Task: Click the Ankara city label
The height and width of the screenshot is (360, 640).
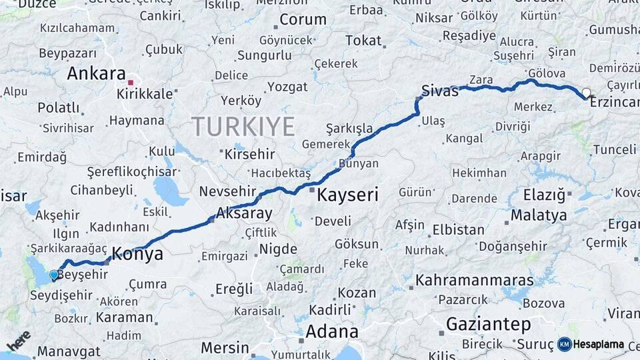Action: (x=97, y=73)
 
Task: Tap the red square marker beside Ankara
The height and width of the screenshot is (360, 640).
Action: (x=131, y=83)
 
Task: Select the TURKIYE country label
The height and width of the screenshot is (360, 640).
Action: (x=243, y=125)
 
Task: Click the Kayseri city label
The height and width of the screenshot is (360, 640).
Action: (x=347, y=195)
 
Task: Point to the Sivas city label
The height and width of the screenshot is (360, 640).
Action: (x=440, y=91)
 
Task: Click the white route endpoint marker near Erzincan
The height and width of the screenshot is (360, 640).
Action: (x=586, y=93)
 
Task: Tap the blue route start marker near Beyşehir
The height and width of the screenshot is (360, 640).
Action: (x=54, y=274)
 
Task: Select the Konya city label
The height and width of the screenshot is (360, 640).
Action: (x=137, y=253)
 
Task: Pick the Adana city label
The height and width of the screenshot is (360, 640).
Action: (x=332, y=331)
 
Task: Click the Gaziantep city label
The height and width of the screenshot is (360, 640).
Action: (x=489, y=325)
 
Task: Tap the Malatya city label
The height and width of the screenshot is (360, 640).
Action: (x=539, y=215)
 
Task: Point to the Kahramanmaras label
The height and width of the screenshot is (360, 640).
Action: (x=475, y=279)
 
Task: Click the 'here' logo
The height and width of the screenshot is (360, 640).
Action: (x=19, y=341)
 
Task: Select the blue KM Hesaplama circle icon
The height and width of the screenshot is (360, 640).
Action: (x=565, y=344)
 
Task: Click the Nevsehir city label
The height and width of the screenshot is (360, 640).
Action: (x=227, y=191)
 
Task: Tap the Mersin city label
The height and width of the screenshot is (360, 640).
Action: (x=225, y=348)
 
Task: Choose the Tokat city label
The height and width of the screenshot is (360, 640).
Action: (x=363, y=41)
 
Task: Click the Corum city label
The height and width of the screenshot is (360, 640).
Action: (x=303, y=20)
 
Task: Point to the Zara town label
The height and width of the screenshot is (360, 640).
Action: (x=481, y=80)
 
